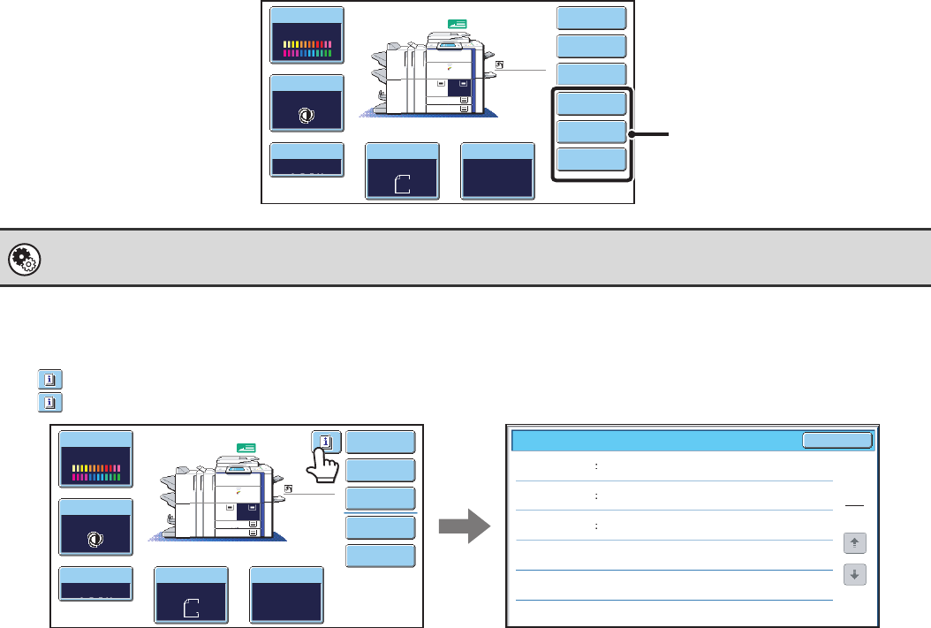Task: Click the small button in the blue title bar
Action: (x=836, y=441)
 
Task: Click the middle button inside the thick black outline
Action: (x=592, y=132)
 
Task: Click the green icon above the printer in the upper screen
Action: (x=483, y=25)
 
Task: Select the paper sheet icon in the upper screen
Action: (x=402, y=184)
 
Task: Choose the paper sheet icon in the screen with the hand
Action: (x=191, y=607)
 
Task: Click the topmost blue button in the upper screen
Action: (x=592, y=19)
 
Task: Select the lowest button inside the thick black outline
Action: (x=592, y=160)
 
